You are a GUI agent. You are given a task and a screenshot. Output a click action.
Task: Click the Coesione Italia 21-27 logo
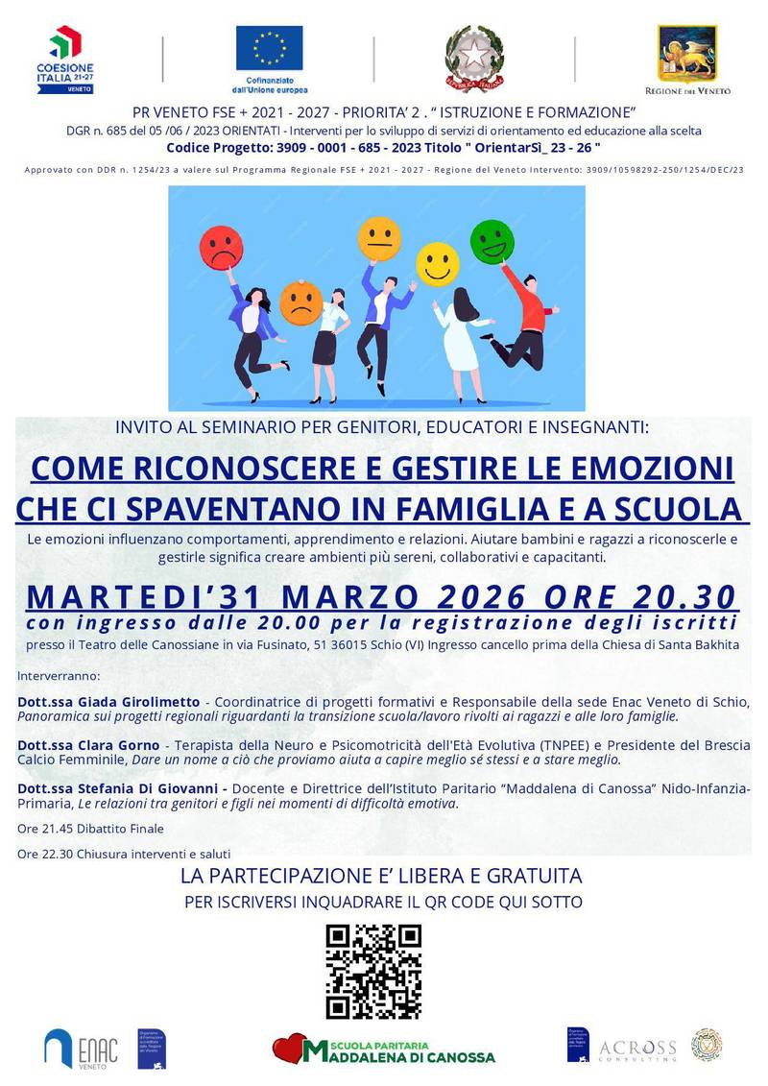tap(66, 60)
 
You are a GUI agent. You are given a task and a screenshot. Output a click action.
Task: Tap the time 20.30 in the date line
tap(686, 596)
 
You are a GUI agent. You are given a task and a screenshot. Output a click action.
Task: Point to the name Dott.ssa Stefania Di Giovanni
tap(114, 788)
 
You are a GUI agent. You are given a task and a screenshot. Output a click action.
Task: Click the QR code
tap(373, 971)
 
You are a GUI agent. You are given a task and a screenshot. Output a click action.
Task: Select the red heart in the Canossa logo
tap(287, 1050)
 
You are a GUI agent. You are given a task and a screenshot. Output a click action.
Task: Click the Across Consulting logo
tap(637, 1048)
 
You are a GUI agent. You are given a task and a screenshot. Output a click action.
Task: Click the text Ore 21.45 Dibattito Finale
tap(91, 828)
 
